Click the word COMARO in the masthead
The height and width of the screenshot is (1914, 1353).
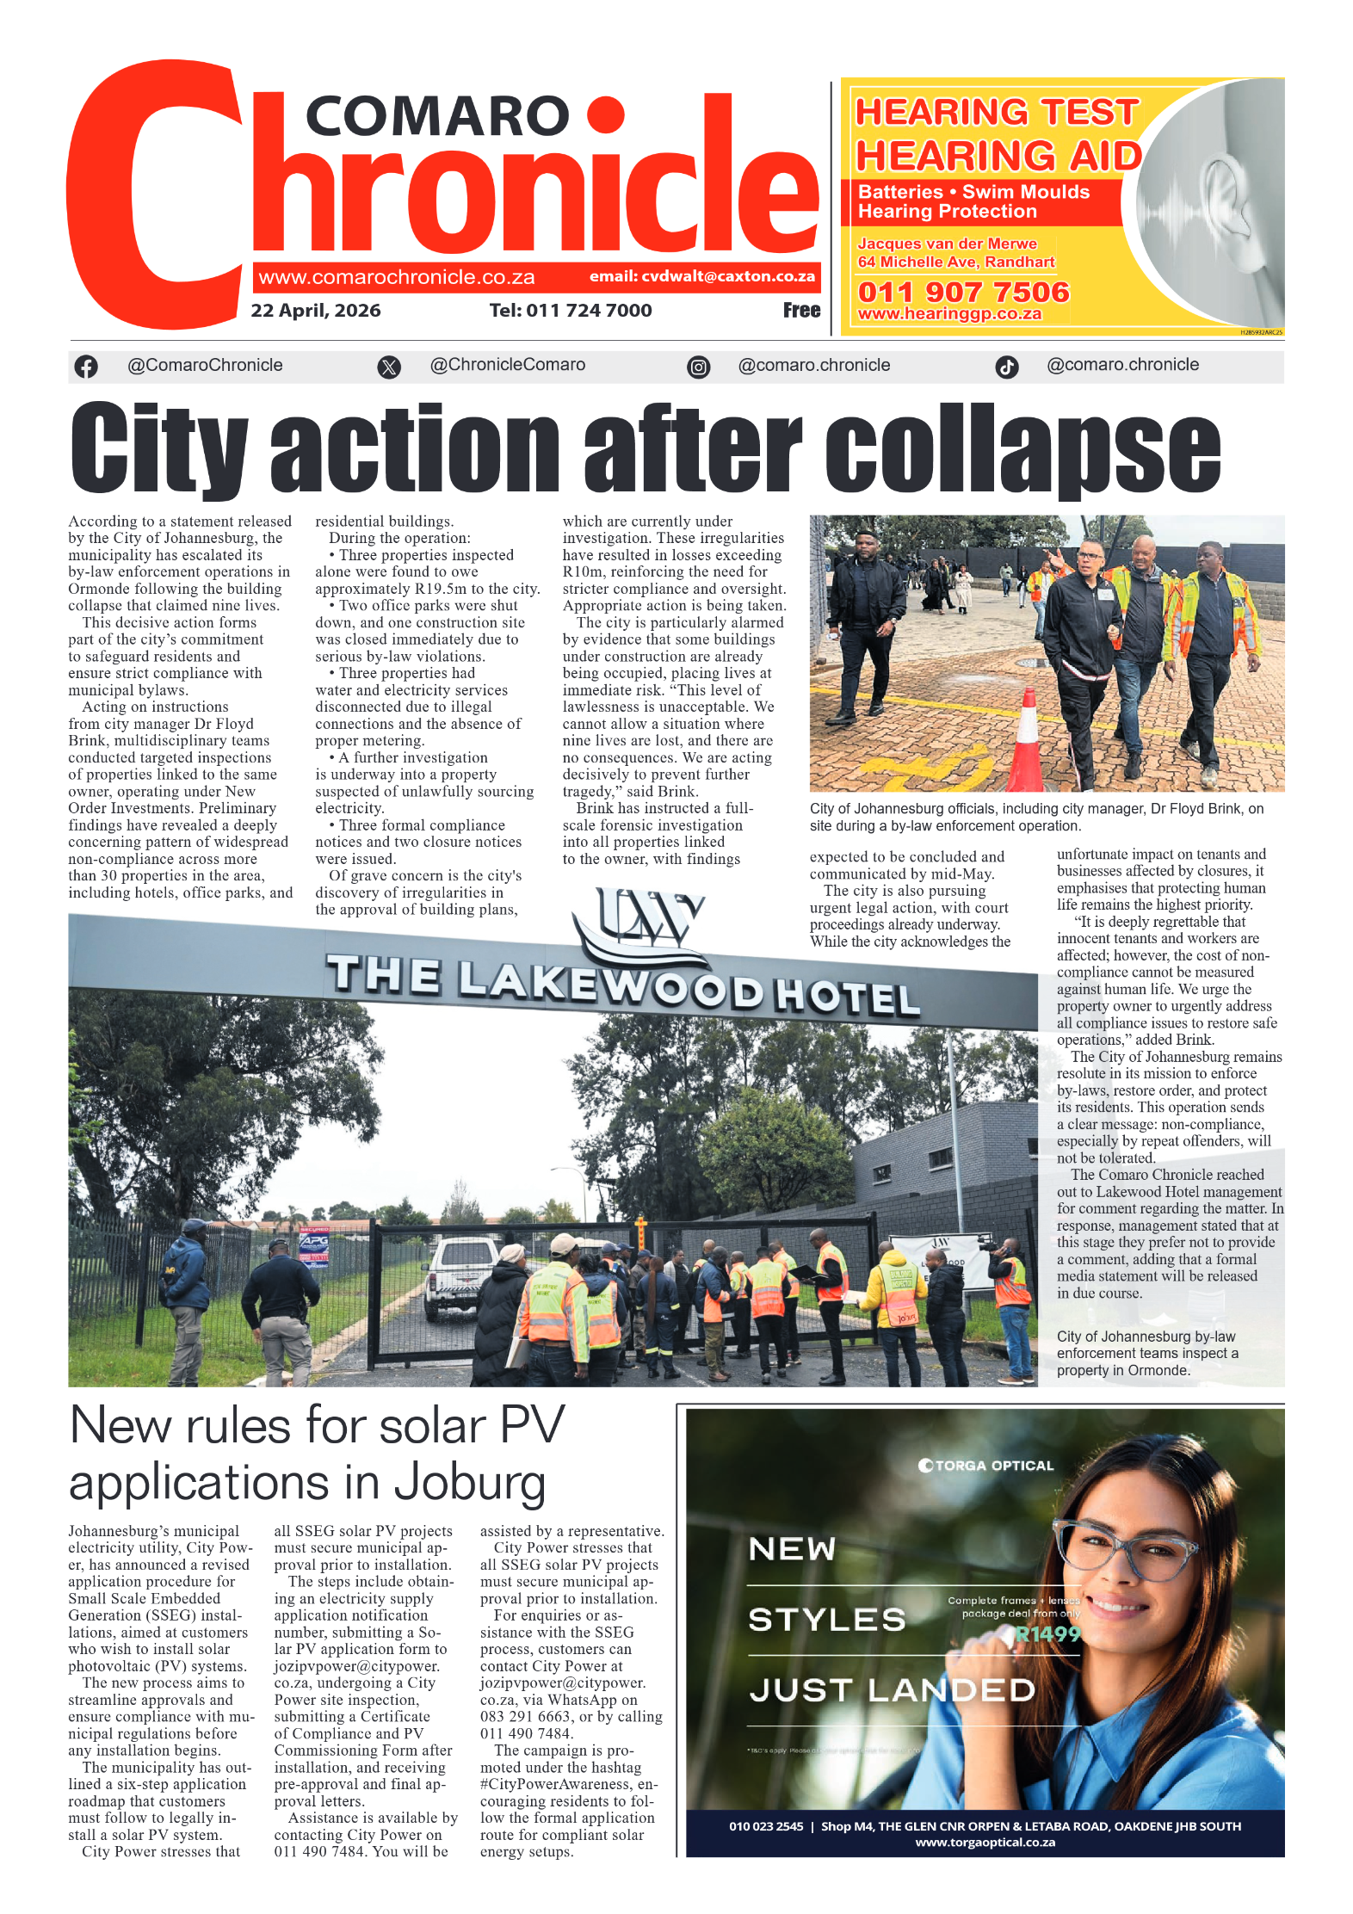coord(436,117)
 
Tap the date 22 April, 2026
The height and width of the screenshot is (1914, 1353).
coord(315,311)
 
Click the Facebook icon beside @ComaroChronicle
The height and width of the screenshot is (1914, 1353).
coord(86,367)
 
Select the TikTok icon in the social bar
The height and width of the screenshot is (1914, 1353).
coord(1006,367)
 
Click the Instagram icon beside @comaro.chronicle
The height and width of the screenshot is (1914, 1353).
coord(698,367)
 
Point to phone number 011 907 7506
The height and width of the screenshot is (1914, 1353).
coord(962,293)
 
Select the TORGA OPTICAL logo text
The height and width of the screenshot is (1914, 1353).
coord(986,1466)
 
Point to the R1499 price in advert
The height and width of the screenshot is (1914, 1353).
coord(1047,1634)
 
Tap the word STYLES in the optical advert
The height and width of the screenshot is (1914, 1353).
coord(826,1621)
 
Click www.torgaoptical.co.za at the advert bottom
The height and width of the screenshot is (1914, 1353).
coord(984,1843)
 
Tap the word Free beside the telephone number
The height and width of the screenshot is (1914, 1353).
coord(800,311)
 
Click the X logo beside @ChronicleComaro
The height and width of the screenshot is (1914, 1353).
coord(389,367)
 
